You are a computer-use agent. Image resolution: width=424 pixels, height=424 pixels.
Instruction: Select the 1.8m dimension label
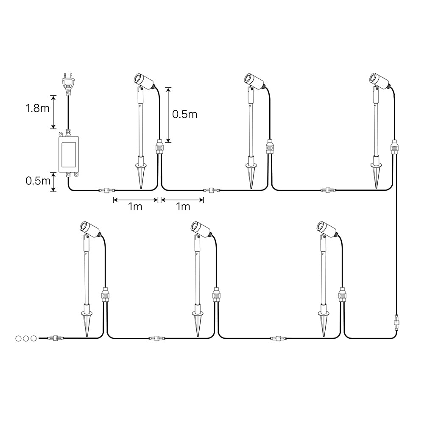coord(38,109)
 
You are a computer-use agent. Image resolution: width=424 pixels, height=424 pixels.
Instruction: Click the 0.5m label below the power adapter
coord(38,181)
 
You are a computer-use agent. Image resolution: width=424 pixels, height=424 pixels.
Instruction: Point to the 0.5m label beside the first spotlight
coord(185,114)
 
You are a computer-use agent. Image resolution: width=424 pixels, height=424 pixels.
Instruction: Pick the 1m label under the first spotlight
coord(135,207)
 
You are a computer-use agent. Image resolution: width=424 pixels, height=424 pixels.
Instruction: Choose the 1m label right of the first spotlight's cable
coord(183,207)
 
